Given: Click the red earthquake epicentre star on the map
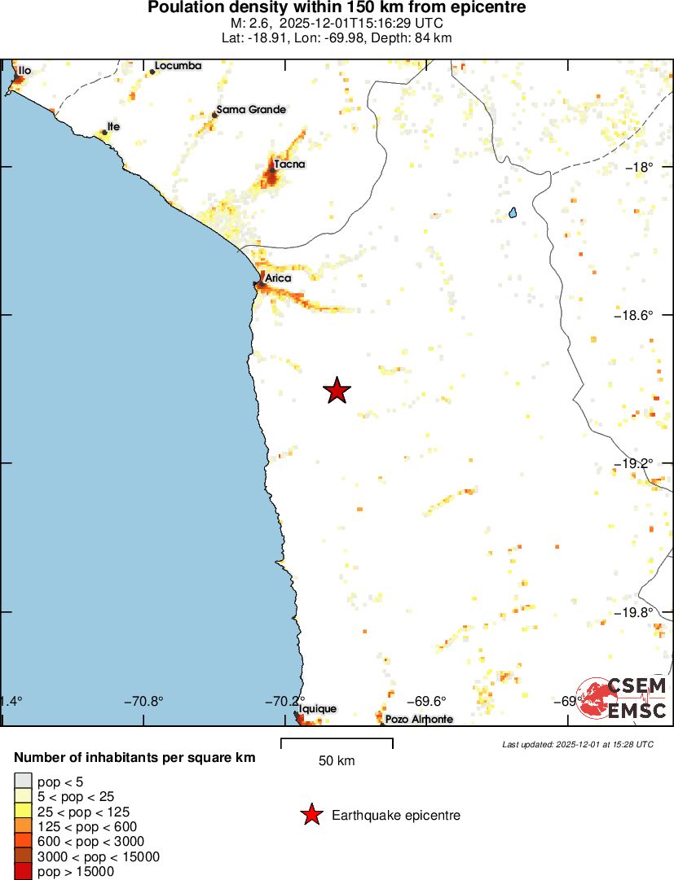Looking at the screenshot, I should pyautogui.click(x=337, y=391).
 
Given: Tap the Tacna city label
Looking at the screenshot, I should pyautogui.click(x=289, y=164).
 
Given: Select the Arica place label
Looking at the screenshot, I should pyautogui.click(x=278, y=278).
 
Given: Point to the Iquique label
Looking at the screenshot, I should pyautogui.click(x=317, y=709).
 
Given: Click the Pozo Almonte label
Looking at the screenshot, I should pyautogui.click(x=419, y=720).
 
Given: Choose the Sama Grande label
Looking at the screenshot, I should pyautogui.click(x=252, y=109).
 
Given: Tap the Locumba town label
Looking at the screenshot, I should pyautogui.click(x=178, y=65).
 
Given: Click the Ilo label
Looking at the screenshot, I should pyautogui.click(x=24, y=71).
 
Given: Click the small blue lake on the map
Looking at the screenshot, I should pyautogui.click(x=513, y=212).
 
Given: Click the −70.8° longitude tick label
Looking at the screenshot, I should pyautogui.click(x=143, y=701).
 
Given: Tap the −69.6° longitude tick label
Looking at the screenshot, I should pyautogui.click(x=426, y=701).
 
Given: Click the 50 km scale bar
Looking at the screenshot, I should pyautogui.click(x=337, y=742).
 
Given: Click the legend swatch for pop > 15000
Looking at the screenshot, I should pyautogui.click(x=24, y=872).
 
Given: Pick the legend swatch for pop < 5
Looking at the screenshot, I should pyautogui.click(x=24, y=781).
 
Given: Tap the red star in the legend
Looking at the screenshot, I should pyautogui.click(x=311, y=815).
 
